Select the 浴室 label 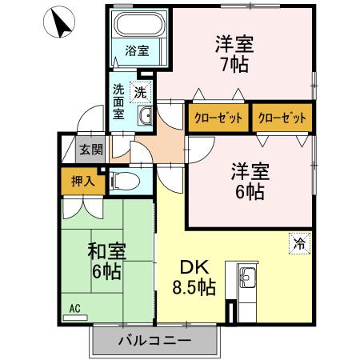[x=137, y=51]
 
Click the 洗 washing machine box [x=141, y=92]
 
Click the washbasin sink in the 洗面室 [x=145, y=118]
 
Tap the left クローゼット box [x=218, y=118]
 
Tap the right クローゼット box [x=282, y=118]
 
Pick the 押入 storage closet [x=79, y=182]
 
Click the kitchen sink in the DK [x=246, y=278]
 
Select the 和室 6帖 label [x=104, y=260]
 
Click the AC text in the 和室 [x=74, y=308]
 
